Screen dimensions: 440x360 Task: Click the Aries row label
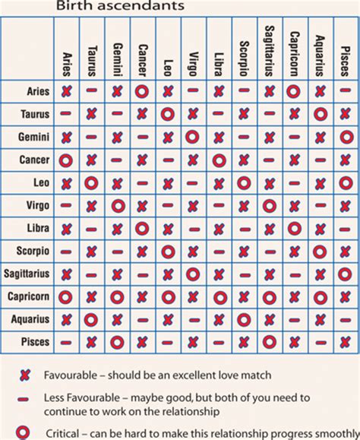38,91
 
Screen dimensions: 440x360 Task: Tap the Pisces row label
36,342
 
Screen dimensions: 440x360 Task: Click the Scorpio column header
244,53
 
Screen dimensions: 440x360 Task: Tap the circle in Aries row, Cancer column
142,91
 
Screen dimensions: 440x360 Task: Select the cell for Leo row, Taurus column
91,183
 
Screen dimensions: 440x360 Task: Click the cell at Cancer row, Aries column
65,160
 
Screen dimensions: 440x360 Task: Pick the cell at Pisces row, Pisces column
346,342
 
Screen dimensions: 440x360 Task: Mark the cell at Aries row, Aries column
65,91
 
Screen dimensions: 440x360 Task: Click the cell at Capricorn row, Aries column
65,296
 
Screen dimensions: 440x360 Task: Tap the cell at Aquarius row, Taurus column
91,319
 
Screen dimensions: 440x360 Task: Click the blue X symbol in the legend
24,375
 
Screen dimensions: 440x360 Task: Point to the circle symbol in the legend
24,432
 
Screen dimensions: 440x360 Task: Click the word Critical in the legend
62,432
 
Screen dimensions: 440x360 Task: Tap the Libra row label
38,228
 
